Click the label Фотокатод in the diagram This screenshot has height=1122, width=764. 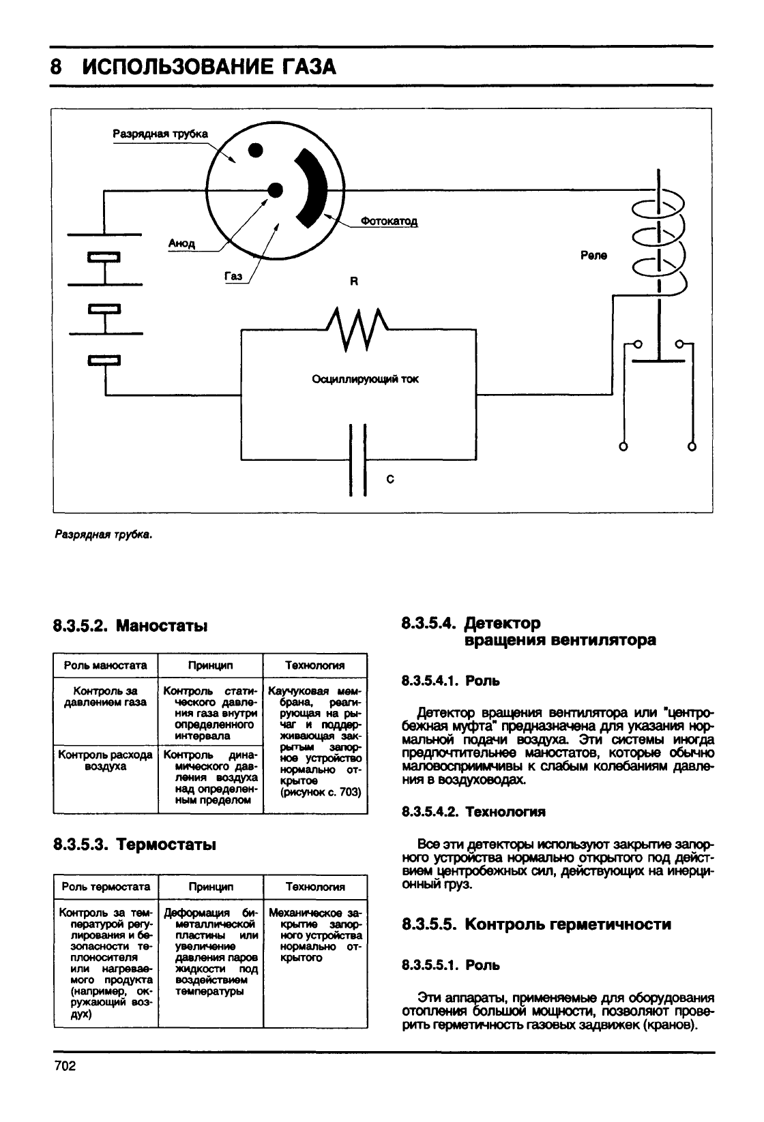pyautogui.click(x=389, y=221)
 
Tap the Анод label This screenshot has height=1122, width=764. pyautogui.click(x=181, y=243)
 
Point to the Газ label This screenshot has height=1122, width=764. pyautogui.click(x=233, y=276)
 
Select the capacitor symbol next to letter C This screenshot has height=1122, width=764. pyautogui.click(x=357, y=459)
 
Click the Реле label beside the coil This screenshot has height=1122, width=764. pyautogui.click(x=593, y=256)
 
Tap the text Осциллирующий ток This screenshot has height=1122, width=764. pyautogui.click(x=365, y=379)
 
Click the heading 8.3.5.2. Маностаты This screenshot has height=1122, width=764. pyautogui.click(x=130, y=626)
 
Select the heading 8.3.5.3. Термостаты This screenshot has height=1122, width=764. pyautogui.click(x=135, y=845)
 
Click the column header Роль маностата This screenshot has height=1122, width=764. pyautogui.click(x=105, y=665)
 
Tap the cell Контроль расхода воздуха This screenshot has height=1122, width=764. pyautogui.click(x=105, y=760)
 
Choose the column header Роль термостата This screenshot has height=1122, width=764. pyautogui.click(x=106, y=887)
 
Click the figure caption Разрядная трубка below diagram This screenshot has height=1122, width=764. pyautogui.click(x=103, y=535)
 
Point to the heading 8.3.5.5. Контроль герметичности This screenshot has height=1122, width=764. pyautogui.click(x=536, y=924)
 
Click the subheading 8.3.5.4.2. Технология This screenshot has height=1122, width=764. pyautogui.click(x=473, y=811)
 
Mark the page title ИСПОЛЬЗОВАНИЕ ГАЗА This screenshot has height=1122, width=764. pyautogui.click(x=209, y=67)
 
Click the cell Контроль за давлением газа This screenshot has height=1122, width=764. pyautogui.click(x=105, y=697)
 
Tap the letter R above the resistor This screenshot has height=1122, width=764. pyautogui.click(x=354, y=282)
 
